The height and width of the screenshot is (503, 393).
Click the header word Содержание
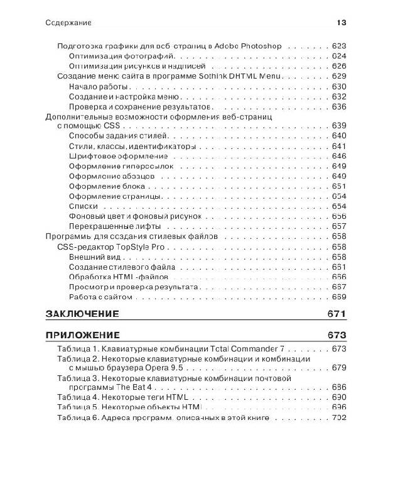point(69,23)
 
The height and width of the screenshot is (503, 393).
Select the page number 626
point(339,66)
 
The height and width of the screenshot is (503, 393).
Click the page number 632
point(339,96)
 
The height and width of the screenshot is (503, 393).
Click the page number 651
point(339,187)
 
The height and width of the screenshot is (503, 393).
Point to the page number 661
point(339,267)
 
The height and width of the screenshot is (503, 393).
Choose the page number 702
point(339,418)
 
